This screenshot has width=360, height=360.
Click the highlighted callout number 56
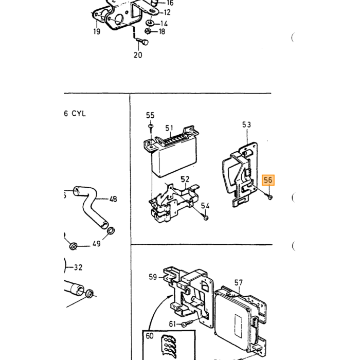268,180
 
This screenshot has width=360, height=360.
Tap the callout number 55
150,115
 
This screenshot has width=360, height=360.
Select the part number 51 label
169,128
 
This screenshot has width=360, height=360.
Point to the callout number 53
246,124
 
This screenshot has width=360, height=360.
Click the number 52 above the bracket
185,179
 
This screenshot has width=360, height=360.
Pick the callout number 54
205,206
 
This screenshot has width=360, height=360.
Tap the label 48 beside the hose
113,199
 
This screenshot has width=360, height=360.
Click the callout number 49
97,243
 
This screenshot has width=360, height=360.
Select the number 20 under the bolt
138,55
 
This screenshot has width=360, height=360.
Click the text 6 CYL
75,114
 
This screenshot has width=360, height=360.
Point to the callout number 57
239,282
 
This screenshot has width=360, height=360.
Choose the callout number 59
153,277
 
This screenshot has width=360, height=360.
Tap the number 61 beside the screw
173,324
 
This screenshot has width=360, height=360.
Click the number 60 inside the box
150,336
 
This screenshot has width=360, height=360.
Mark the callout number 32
78,267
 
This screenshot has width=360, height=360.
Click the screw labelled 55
151,128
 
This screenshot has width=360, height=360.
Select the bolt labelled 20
142,42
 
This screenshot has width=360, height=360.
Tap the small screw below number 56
270,197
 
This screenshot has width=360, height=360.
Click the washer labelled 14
150,23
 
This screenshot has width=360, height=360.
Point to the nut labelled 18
148,30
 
